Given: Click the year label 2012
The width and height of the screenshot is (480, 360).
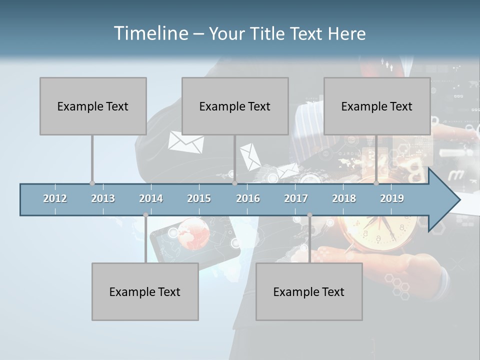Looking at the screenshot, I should click(55, 198).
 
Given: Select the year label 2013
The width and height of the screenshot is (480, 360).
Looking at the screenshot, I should click(103, 198).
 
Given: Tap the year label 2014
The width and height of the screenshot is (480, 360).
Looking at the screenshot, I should click(151, 198).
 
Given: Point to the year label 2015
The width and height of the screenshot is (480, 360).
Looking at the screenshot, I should click(199, 198).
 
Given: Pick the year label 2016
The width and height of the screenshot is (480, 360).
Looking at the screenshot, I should click(248, 198).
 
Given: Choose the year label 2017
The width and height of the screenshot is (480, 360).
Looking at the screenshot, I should click(296, 198).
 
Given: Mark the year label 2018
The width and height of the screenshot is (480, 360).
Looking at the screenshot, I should click(344, 198).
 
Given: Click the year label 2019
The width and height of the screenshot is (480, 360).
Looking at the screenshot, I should click(392, 198).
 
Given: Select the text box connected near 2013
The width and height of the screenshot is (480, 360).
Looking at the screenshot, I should click(93, 106).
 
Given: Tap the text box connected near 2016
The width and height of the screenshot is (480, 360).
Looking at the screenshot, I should click(235, 106).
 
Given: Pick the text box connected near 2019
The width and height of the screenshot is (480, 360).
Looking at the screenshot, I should click(377, 106).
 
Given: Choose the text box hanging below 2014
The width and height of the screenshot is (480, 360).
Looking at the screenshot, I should click(145, 291).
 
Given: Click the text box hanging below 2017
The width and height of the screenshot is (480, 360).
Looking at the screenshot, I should click(309, 291).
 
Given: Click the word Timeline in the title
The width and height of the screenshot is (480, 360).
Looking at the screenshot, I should click(150, 33).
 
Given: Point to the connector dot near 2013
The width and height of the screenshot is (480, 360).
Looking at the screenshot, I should click(92, 183).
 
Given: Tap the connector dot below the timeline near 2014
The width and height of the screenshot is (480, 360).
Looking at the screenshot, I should click(145, 215).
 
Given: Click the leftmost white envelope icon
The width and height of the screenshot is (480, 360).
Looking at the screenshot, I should click(185, 142).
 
